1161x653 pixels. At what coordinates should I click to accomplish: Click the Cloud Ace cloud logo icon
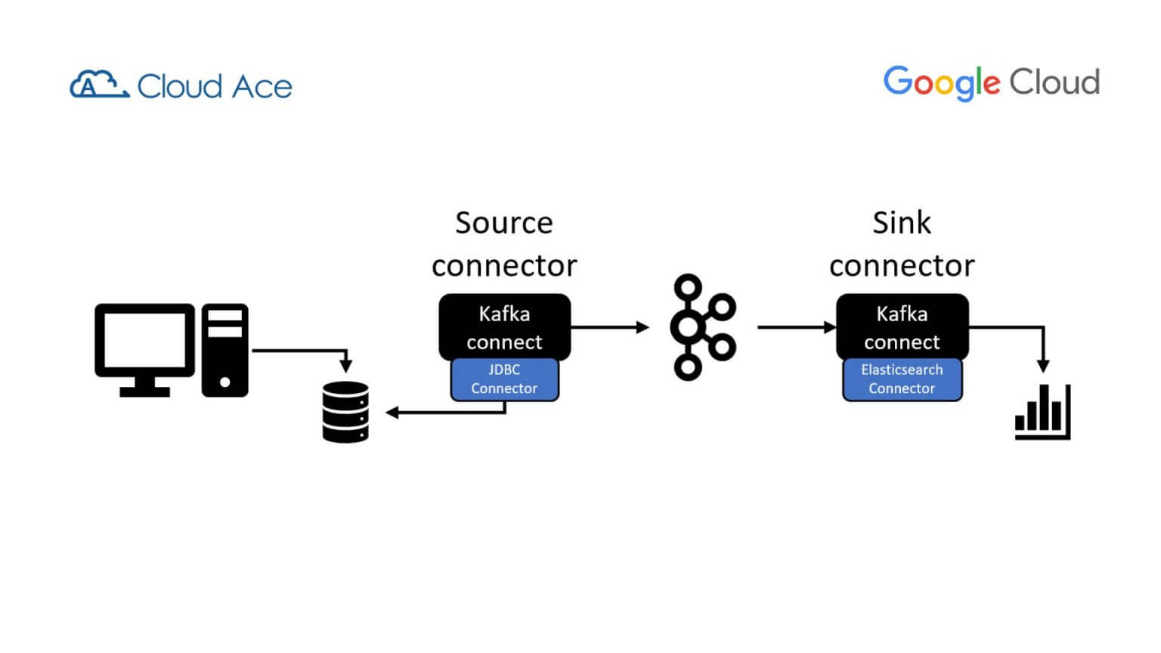click(x=98, y=85)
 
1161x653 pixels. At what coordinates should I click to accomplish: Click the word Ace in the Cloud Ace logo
click(x=262, y=87)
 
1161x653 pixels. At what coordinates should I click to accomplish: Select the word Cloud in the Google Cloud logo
click(x=1054, y=82)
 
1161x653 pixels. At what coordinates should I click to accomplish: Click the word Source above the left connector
click(x=504, y=223)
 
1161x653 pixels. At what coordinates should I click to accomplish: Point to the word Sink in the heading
click(x=902, y=223)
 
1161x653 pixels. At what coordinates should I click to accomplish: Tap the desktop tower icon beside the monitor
click(x=224, y=350)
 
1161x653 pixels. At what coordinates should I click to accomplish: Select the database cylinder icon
click(x=345, y=412)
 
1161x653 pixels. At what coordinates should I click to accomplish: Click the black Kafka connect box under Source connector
click(x=504, y=326)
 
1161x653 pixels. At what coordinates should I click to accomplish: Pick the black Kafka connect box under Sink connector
click(x=902, y=326)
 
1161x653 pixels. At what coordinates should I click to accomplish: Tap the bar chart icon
click(x=1043, y=413)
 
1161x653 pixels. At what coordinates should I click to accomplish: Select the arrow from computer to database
click(x=302, y=351)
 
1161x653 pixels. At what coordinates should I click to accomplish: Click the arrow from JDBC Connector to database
click(x=446, y=413)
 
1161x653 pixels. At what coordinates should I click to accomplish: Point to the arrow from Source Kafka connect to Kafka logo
click(x=609, y=327)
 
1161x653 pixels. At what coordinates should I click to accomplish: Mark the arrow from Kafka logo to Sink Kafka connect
click(x=796, y=327)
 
